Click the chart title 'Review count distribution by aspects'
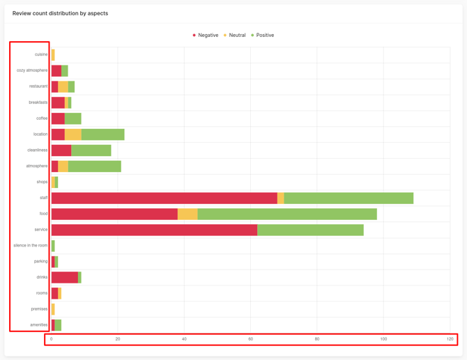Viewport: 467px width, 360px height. (60, 13)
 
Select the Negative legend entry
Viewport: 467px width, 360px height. (206, 35)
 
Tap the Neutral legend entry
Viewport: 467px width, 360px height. (235, 35)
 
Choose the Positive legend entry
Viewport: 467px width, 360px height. (263, 35)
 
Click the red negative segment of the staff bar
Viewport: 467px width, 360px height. (164, 198)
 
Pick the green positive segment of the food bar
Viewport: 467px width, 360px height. (287, 214)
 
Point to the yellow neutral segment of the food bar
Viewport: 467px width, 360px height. (187, 214)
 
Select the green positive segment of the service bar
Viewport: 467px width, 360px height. (310, 230)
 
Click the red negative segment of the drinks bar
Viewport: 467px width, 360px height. (64, 277)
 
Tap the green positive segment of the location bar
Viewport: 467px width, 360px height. (102, 134)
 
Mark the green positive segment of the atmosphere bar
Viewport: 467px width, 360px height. (94, 166)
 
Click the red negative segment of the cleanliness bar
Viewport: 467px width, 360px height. (61, 150)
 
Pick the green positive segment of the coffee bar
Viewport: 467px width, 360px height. (72, 118)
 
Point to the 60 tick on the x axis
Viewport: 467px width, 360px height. (251, 339)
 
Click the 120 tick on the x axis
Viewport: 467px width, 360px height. (450, 339)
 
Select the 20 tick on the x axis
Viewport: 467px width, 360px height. (118, 339)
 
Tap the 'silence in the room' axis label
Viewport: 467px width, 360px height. (31, 245)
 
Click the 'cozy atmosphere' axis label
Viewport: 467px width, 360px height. (32, 70)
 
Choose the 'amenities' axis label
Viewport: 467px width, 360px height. (39, 324)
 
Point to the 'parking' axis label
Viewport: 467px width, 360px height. (40, 261)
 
